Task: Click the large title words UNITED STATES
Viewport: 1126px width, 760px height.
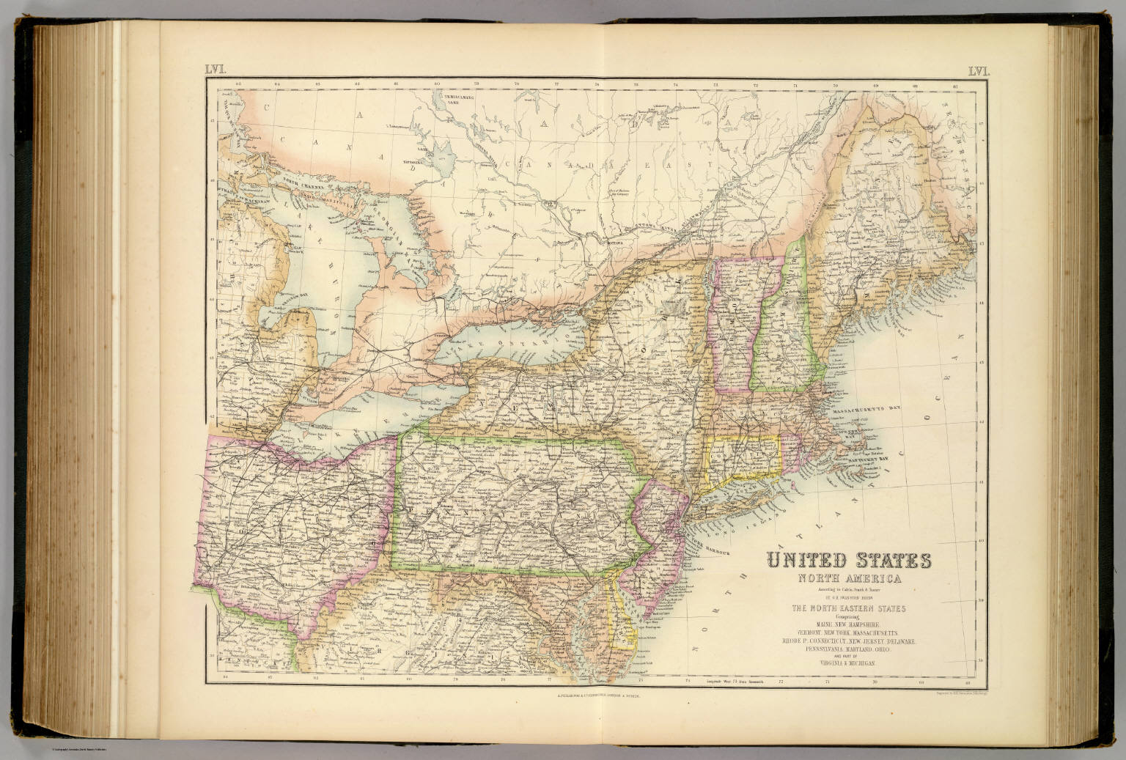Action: pos(849,561)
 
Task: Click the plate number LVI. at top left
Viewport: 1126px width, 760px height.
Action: pos(218,70)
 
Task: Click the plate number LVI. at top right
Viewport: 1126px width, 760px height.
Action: pos(979,71)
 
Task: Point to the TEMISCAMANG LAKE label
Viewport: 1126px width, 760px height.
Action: pos(452,98)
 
